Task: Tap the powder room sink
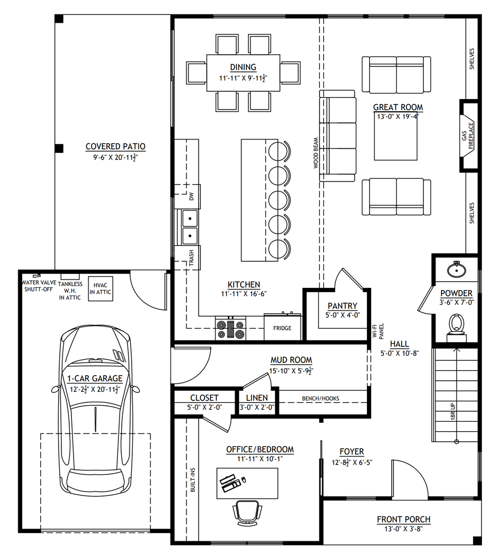click(456, 269)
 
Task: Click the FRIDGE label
click(282, 328)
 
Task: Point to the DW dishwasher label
click(191, 196)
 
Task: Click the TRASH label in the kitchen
click(191, 257)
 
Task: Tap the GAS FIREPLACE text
click(468, 136)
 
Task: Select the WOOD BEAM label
click(315, 153)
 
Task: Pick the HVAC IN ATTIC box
click(100, 289)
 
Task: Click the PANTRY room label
click(342, 306)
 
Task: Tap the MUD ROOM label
click(291, 360)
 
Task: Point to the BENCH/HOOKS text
click(320, 398)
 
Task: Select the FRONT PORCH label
click(403, 520)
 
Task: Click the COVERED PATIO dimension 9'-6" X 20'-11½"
click(116, 157)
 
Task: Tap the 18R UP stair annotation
click(453, 411)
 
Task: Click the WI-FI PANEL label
click(378, 331)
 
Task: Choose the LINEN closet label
click(257, 397)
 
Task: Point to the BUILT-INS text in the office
click(193, 480)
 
